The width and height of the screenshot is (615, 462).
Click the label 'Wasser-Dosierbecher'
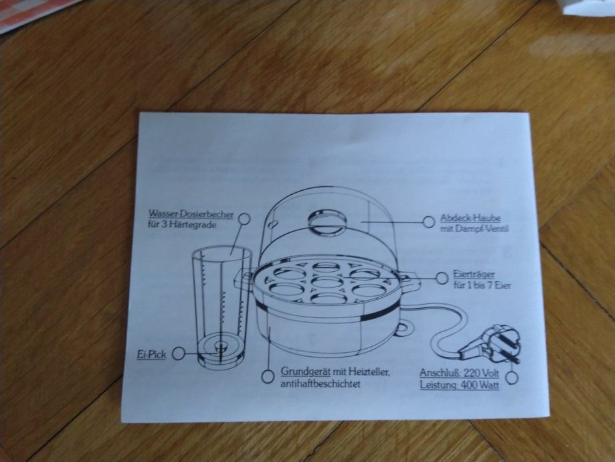(x=191, y=214)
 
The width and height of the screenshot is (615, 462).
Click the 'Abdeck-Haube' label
(x=470, y=218)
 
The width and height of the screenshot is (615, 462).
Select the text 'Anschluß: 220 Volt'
(x=460, y=373)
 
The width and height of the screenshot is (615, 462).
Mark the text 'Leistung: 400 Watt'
(x=460, y=385)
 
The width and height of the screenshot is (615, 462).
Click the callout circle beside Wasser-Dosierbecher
(x=244, y=218)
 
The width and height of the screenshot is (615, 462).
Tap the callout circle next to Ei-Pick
(x=179, y=353)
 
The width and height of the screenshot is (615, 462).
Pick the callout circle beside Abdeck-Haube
(x=429, y=221)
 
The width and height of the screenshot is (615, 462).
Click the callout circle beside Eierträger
(x=440, y=277)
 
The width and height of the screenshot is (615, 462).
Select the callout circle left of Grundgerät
(x=268, y=376)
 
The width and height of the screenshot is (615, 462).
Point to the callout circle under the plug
(x=511, y=378)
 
